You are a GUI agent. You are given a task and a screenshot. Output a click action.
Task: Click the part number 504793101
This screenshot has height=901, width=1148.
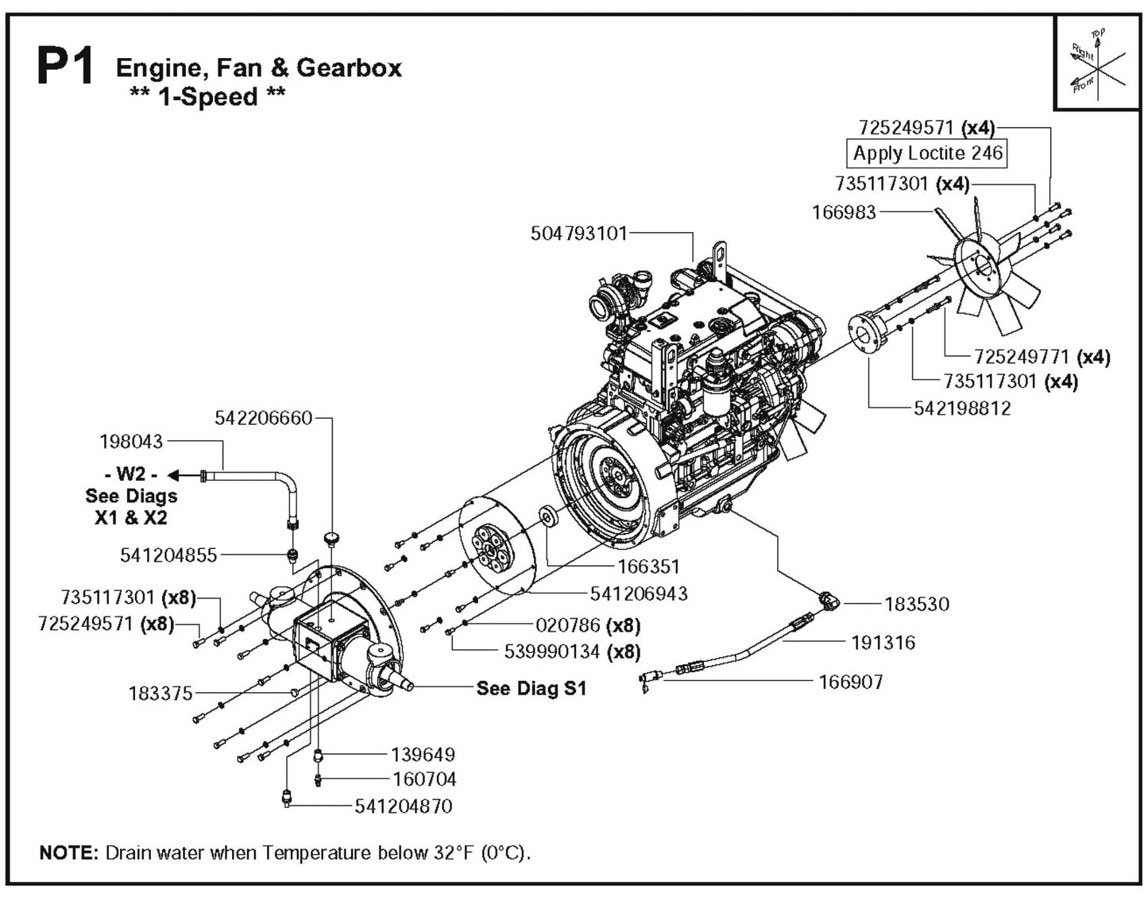pos(578,234)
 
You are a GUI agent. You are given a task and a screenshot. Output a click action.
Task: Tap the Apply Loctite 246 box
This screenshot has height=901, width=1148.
pos(927,153)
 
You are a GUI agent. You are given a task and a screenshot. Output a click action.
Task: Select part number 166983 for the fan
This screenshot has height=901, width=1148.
pos(844,212)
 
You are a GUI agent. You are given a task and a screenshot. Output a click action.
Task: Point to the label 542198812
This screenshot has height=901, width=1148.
pos(961,408)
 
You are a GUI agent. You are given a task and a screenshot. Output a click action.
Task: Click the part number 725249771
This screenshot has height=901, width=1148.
pos(1022,357)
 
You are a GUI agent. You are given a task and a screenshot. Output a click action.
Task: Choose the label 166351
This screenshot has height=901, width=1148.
pos(648,567)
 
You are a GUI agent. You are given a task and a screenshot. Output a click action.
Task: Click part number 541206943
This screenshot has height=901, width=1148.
pos(639,594)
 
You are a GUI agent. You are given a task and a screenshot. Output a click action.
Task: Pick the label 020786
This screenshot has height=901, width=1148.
pos(568,625)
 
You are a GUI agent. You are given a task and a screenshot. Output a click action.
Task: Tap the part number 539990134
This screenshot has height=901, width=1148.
pos(553,652)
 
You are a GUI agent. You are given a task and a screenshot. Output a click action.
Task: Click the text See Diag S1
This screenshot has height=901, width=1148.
pos(531,688)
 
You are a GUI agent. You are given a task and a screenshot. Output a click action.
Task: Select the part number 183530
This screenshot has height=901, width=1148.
pos(916,605)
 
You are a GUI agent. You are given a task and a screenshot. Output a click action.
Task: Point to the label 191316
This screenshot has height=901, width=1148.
pos(883,642)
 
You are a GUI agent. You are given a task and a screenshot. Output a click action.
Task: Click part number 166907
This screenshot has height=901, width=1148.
pos(850,682)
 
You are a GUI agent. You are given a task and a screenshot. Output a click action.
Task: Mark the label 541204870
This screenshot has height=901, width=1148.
pos(403,806)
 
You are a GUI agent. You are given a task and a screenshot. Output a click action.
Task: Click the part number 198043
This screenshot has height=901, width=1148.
pos(131,441)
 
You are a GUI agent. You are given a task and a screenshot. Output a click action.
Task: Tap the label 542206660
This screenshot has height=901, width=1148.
pos(264,418)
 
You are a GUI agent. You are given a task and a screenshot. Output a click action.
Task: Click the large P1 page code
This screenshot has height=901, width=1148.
pos(66,69)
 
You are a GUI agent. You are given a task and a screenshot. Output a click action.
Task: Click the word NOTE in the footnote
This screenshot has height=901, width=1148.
pos(68,853)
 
